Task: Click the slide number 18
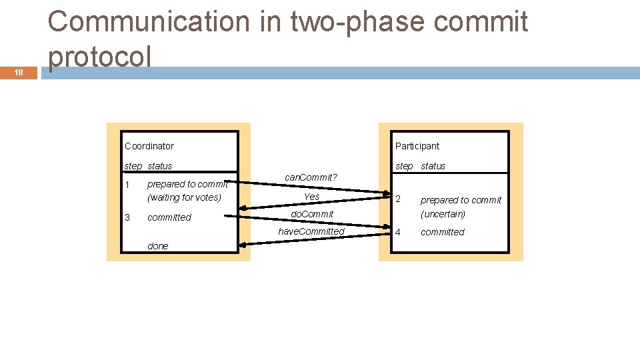coord(19,73)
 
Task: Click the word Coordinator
coord(149,146)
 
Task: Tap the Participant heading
coord(417,146)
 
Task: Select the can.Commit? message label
coord(311,177)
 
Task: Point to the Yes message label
coord(311,197)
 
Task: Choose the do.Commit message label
coord(312,214)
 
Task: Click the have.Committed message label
coord(311,231)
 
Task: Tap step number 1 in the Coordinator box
coord(127,185)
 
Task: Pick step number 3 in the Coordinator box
coord(127,217)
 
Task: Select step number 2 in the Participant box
coord(399,199)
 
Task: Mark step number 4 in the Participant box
coord(399,232)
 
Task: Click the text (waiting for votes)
coord(184,197)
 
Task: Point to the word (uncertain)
coord(443,214)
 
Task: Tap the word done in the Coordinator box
coord(158,246)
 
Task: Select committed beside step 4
coord(443,232)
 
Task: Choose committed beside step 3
coord(169,217)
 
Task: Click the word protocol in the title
coord(99,57)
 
